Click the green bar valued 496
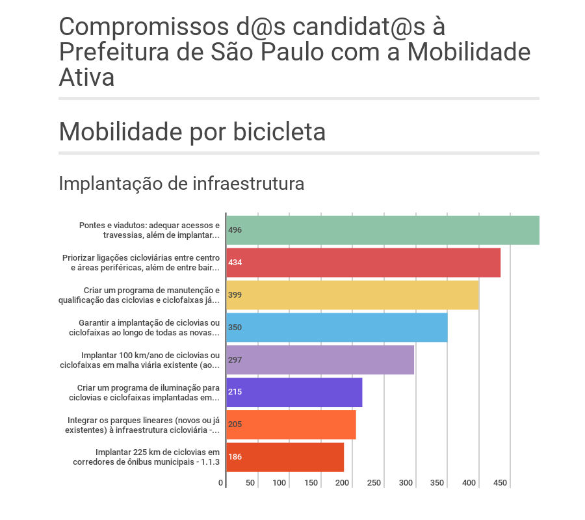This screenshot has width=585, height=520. point(383,230)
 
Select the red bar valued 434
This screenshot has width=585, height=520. point(363,263)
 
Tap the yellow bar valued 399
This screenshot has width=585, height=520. point(352,295)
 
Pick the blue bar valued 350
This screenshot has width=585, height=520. point(337,328)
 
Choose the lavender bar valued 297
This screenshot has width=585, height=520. point(320,360)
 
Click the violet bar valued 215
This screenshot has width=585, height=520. point(294,393)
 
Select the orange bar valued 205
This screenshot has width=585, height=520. point(291,425)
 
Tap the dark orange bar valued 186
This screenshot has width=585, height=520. point(285,458)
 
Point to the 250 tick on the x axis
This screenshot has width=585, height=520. point(374,484)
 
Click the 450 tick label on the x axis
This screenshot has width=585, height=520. point(500,484)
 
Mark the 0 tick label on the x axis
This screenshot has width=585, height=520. point(221,484)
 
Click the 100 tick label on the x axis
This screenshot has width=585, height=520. point(279,484)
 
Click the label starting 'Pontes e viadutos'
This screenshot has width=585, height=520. point(149,230)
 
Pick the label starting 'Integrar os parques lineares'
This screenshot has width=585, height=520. point(143,425)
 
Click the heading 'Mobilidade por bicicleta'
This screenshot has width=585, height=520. point(192,132)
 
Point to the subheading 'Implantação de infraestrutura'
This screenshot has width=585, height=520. point(181,184)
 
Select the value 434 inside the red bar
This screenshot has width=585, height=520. point(235,263)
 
